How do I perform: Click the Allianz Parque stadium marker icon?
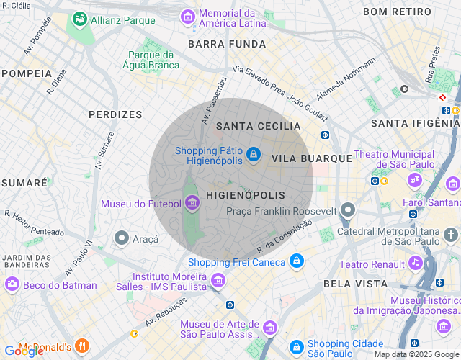pyautogui.click(x=79, y=20)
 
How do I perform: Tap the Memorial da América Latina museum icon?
pyautogui.click(x=188, y=16)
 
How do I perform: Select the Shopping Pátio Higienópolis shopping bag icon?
pyautogui.click(x=253, y=155)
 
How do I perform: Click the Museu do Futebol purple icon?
pyautogui.click(x=192, y=204)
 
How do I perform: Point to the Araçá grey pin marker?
pyautogui.click(x=122, y=238)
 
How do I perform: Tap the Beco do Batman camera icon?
pyautogui.click(x=12, y=285)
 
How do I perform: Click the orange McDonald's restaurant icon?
pyautogui.click(x=82, y=347)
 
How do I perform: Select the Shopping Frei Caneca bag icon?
pyautogui.click(x=296, y=262)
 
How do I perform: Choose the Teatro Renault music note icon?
pyautogui.click(x=415, y=264)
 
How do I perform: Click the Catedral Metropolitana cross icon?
pyautogui.click(x=450, y=235)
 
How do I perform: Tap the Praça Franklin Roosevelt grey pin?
pyautogui.click(x=348, y=210)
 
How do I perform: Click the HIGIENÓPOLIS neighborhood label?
pyautogui.click(x=246, y=195)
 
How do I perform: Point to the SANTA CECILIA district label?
pyautogui.click(x=258, y=126)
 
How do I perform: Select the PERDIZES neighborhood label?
pyautogui.click(x=115, y=114)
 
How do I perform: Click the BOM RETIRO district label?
pyautogui.click(x=397, y=12)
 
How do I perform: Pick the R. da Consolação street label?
pyautogui.click(x=286, y=237)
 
